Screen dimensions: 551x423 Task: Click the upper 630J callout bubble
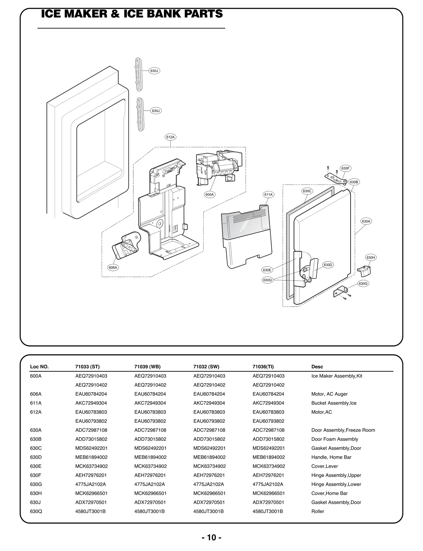[x=154, y=71]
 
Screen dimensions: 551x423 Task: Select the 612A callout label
[x=171, y=137]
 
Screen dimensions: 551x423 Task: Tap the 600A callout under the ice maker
[x=210, y=194]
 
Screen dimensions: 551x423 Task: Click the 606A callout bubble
[x=113, y=267]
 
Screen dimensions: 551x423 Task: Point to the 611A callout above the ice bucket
[x=268, y=194]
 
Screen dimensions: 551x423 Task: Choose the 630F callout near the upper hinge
[x=345, y=168]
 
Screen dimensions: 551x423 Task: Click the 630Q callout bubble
[x=267, y=280]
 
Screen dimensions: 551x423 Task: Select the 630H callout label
[x=370, y=257]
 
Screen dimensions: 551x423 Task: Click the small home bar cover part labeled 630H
[x=364, y=270]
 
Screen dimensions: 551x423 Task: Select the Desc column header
[x=317, y=367]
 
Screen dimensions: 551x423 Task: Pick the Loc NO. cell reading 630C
[x=36, y=448]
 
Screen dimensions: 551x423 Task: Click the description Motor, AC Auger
[x=329, y=394]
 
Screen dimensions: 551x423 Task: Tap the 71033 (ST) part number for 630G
[x=90, y=484]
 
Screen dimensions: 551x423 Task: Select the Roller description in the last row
[x=318, y=511]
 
